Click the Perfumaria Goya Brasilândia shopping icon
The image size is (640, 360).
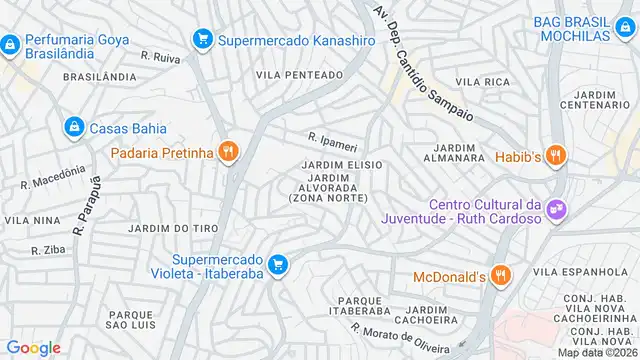click(10, 45)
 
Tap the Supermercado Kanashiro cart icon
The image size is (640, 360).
click(202, 39)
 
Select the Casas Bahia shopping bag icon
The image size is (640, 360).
click(74, 127)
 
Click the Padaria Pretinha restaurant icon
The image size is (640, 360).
click(229, 152)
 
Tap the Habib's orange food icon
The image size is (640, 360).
click(556, 155)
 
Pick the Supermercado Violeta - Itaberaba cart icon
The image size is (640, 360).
click(279, 264)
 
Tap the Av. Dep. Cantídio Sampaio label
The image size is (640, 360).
click(425, 57)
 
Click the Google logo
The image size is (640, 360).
click(34, 347)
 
